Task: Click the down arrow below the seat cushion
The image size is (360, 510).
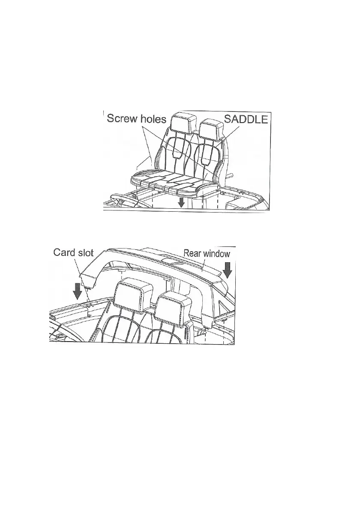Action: pyautogui.click(x=182, y=202)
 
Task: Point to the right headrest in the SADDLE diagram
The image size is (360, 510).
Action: pyautogui.click(x=211, y=127)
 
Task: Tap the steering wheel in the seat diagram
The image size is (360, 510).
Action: pyautogui.click(x=122, y=199)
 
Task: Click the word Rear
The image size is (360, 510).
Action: pyautogui.click(x=192, y=253)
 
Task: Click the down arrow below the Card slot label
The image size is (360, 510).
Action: pyautogui.click(x=77, y=291)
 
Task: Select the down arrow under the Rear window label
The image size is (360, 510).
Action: pyautogui.click(x=227, y=270)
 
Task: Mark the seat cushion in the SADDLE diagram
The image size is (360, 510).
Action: pyautogui.click(x=171, y=182)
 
